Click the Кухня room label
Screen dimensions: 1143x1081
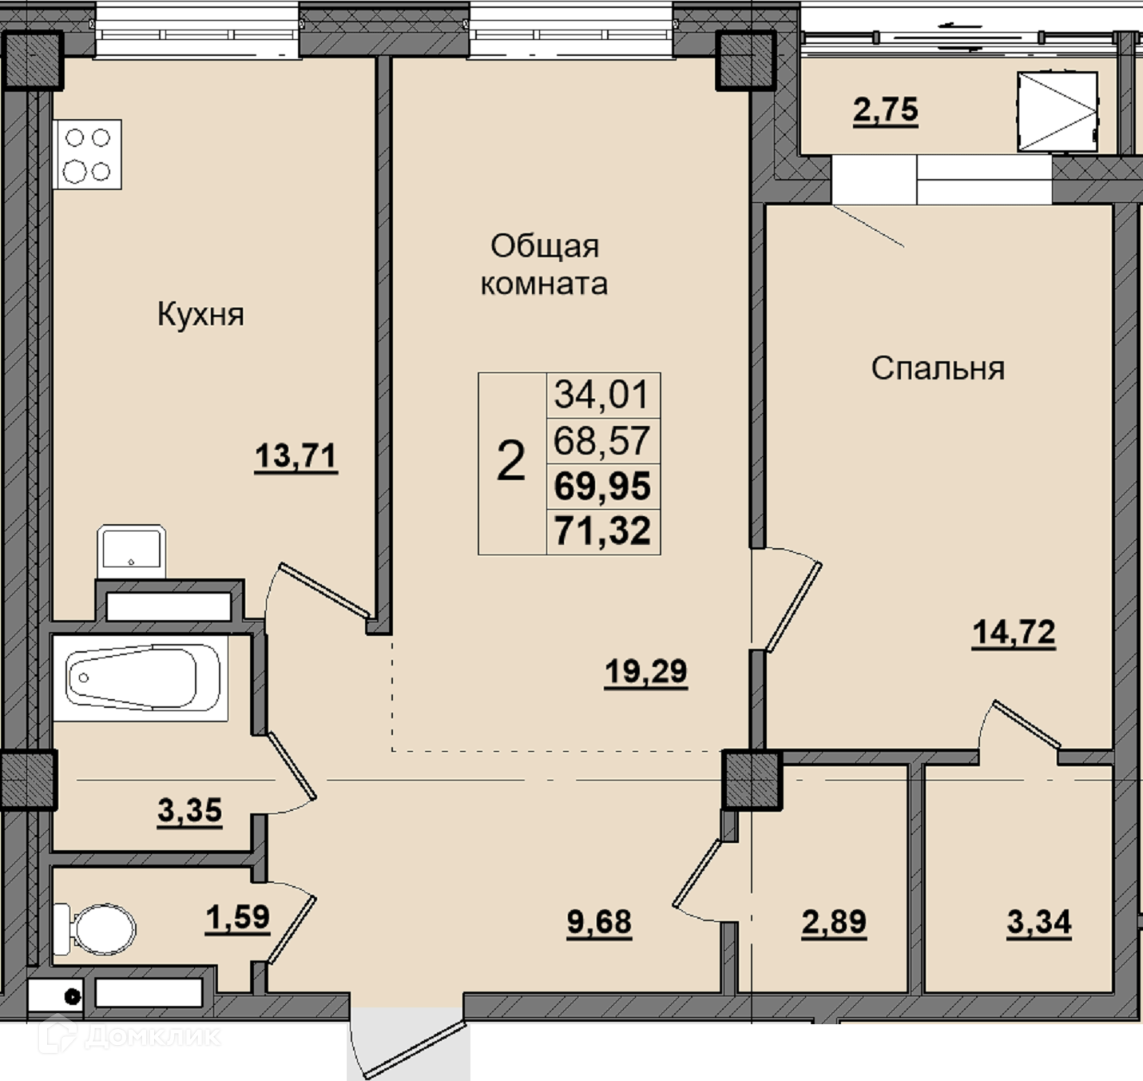(200, 316)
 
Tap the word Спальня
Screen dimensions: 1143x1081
(938, 368)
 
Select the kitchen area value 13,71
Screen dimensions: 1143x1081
(296, 455)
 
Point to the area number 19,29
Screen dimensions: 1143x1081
(646, 672)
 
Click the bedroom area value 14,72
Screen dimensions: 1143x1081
(1014, 632)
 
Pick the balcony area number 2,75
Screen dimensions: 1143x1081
(886, 110)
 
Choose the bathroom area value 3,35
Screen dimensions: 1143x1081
(189, 811)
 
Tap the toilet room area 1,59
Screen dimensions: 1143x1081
(238, 917)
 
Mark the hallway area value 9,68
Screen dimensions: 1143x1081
(599, 922)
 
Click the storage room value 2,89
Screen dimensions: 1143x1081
(834, 922)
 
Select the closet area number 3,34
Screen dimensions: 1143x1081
(1039, 922)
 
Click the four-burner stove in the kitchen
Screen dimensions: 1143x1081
(87, 155)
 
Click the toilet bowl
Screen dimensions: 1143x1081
(95, 929)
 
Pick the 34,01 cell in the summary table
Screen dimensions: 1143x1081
(601, 394)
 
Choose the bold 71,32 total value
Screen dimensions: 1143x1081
(602, 531)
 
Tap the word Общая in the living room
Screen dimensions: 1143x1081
(545, 247)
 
